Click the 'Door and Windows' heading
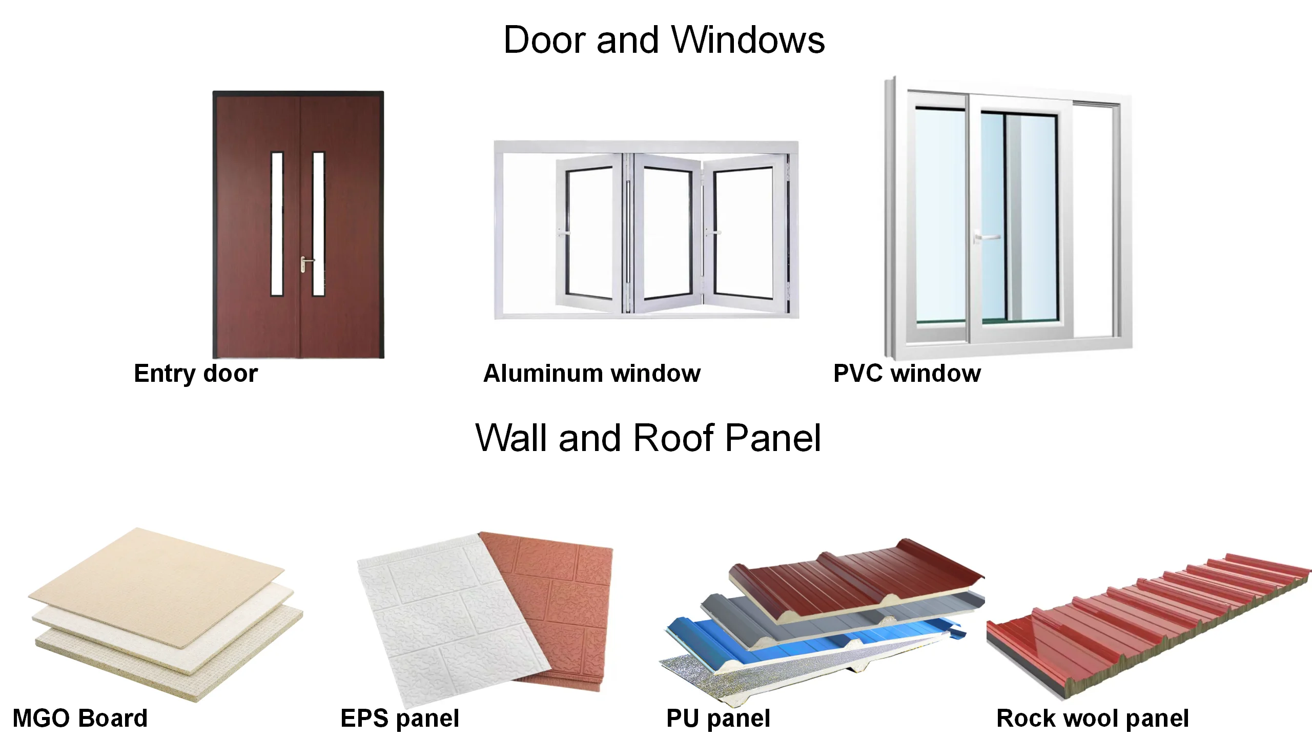tap(664, 40)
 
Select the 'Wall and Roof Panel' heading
tap(648, 438)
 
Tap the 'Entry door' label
tap(196, 373)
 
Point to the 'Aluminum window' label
tap(592, 373)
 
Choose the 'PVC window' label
tap(907, 373)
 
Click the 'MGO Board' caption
tap(80, 718)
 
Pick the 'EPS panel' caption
tap(400, 718)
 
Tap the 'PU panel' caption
tap(718, 718)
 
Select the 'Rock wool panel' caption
tap(1092, 718)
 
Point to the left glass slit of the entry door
tap(277, 223)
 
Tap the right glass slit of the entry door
tap(318, 223)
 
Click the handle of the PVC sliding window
tap(986, 238)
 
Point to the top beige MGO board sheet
tap(154, 584)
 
